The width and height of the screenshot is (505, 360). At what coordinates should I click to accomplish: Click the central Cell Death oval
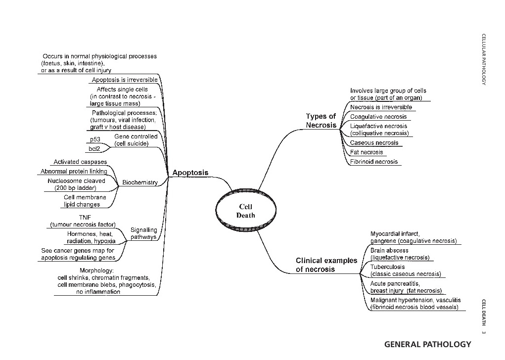[245, 212]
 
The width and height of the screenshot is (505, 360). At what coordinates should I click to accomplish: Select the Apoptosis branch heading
[190, 173]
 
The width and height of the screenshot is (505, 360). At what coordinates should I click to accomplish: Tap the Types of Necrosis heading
[321, 121]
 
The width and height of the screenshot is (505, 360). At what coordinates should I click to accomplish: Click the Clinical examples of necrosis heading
[326, 265]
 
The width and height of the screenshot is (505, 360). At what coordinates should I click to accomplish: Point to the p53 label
[95, 139]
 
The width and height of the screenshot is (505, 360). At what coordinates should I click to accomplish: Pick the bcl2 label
[95, 149]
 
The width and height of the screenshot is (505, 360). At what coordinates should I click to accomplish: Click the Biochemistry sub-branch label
[140, 182]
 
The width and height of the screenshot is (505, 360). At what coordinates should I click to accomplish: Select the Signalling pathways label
[143, 233]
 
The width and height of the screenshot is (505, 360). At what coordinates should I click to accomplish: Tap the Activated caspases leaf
[80, 162]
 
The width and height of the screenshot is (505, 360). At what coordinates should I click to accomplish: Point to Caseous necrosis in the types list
[374, 143]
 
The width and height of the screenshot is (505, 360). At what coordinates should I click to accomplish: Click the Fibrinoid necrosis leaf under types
[374, 162]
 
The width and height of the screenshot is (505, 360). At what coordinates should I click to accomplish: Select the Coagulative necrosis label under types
[378, 117]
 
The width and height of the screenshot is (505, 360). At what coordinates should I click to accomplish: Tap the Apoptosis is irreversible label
[125, 80]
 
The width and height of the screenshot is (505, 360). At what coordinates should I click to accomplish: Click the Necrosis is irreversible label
[381, 107]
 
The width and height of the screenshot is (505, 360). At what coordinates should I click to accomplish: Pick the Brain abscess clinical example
[389, 251]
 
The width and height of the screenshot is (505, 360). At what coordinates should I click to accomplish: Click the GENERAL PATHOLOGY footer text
[427, 344]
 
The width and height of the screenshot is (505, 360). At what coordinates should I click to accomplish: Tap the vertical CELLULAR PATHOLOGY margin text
[484, 59]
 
